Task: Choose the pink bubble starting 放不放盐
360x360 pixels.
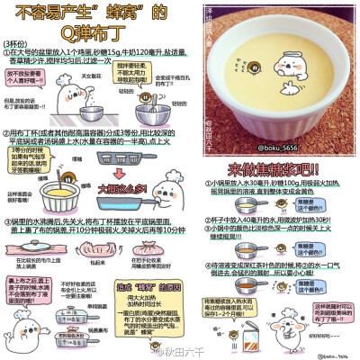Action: tap(22, 81)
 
